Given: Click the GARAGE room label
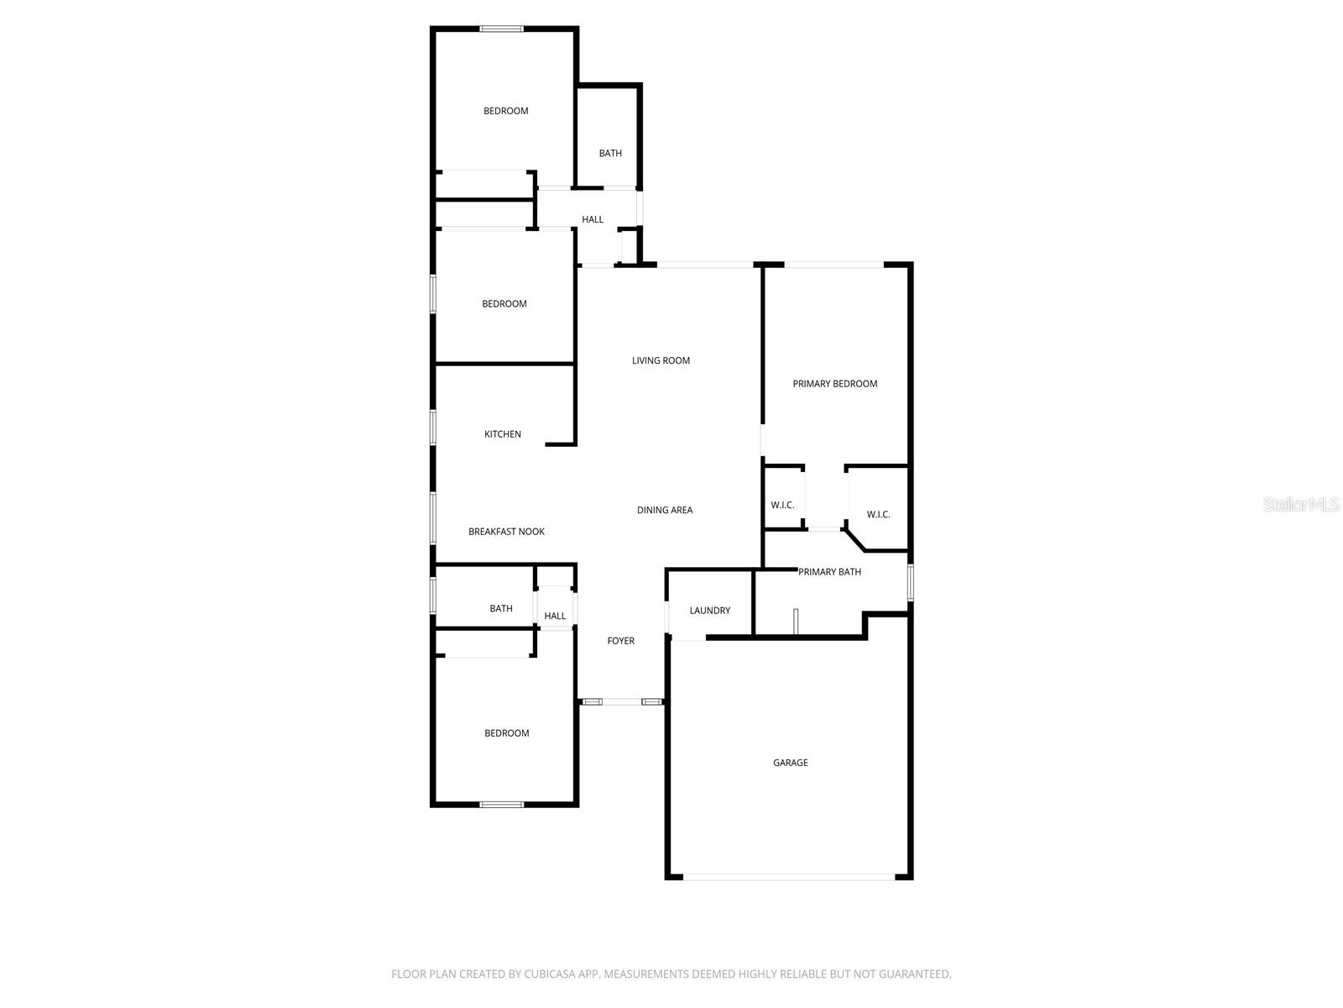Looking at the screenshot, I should click(790, 763).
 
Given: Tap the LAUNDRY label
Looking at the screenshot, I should click(709, 611).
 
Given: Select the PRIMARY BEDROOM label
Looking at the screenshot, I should click(834, 384).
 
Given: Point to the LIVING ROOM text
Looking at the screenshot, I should click(661, 360).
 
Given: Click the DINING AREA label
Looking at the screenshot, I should click(664, 510).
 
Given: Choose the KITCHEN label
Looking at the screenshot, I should click(502, 434).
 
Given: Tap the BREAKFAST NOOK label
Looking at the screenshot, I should click(506, 532).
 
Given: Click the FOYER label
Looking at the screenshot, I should click(620, 641).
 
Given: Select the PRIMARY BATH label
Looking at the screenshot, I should click(829, 572).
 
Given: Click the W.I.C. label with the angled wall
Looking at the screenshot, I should click(878, 514).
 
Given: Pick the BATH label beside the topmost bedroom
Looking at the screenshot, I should click(610, 154).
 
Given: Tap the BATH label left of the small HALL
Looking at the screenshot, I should click(500, 609).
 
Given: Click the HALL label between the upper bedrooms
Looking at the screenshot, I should click(593, 219).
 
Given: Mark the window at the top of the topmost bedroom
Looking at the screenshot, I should click(501, 29).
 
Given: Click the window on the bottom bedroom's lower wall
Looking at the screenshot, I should click(501, 805).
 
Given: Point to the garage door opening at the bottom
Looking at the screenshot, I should click(789, 877).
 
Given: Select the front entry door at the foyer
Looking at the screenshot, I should click(621, 701).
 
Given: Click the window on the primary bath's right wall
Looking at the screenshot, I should click(910, 582).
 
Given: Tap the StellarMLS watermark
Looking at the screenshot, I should click(1301, 505).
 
